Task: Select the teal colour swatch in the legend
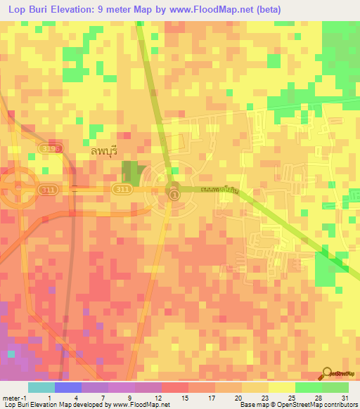[x=41, y=387]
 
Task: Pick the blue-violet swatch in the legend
[x=67, y=387]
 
